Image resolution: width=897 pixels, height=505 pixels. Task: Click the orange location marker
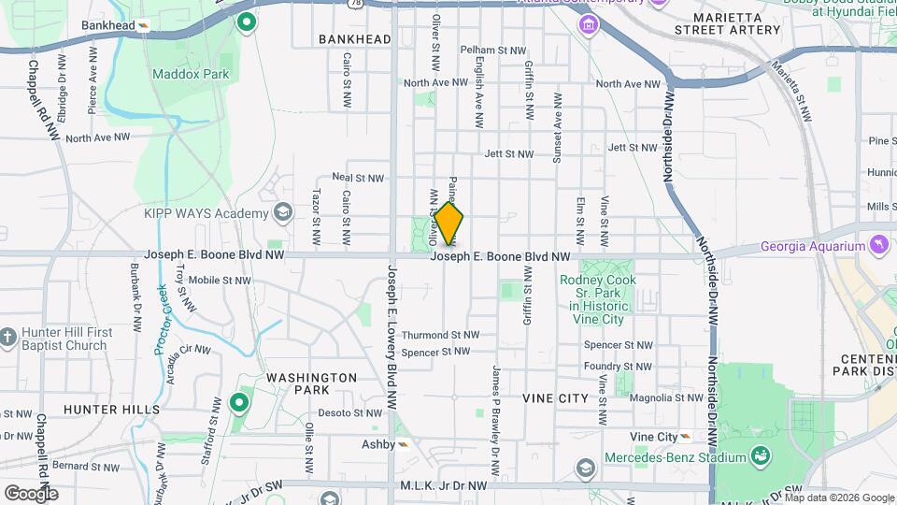[x=449, y=224]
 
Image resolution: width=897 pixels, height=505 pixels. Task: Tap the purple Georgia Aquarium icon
[x=878, y=246]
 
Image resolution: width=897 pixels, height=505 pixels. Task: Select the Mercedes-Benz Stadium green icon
[x=762, y=456]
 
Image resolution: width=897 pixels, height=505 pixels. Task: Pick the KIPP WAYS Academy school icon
[x=280, y=214]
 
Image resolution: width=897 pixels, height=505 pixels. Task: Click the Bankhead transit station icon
[x=143, y=25]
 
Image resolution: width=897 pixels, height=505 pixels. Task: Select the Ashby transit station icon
[x=404, y=444]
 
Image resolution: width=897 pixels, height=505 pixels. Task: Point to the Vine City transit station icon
[x=687, y=437]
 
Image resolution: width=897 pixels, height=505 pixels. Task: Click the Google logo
[x=31, y=493]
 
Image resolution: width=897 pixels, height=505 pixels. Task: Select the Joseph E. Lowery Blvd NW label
[x=392, y=345]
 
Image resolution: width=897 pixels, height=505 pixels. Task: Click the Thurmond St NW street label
[x=440, y=335]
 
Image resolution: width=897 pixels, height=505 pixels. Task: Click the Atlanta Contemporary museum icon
[x=590, y=22]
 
